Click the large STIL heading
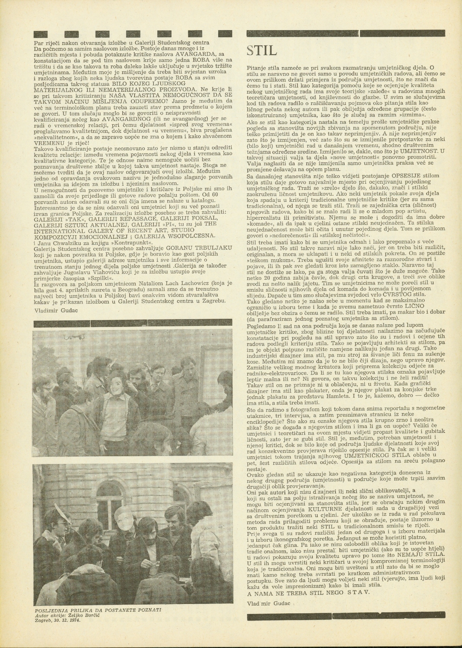262,50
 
